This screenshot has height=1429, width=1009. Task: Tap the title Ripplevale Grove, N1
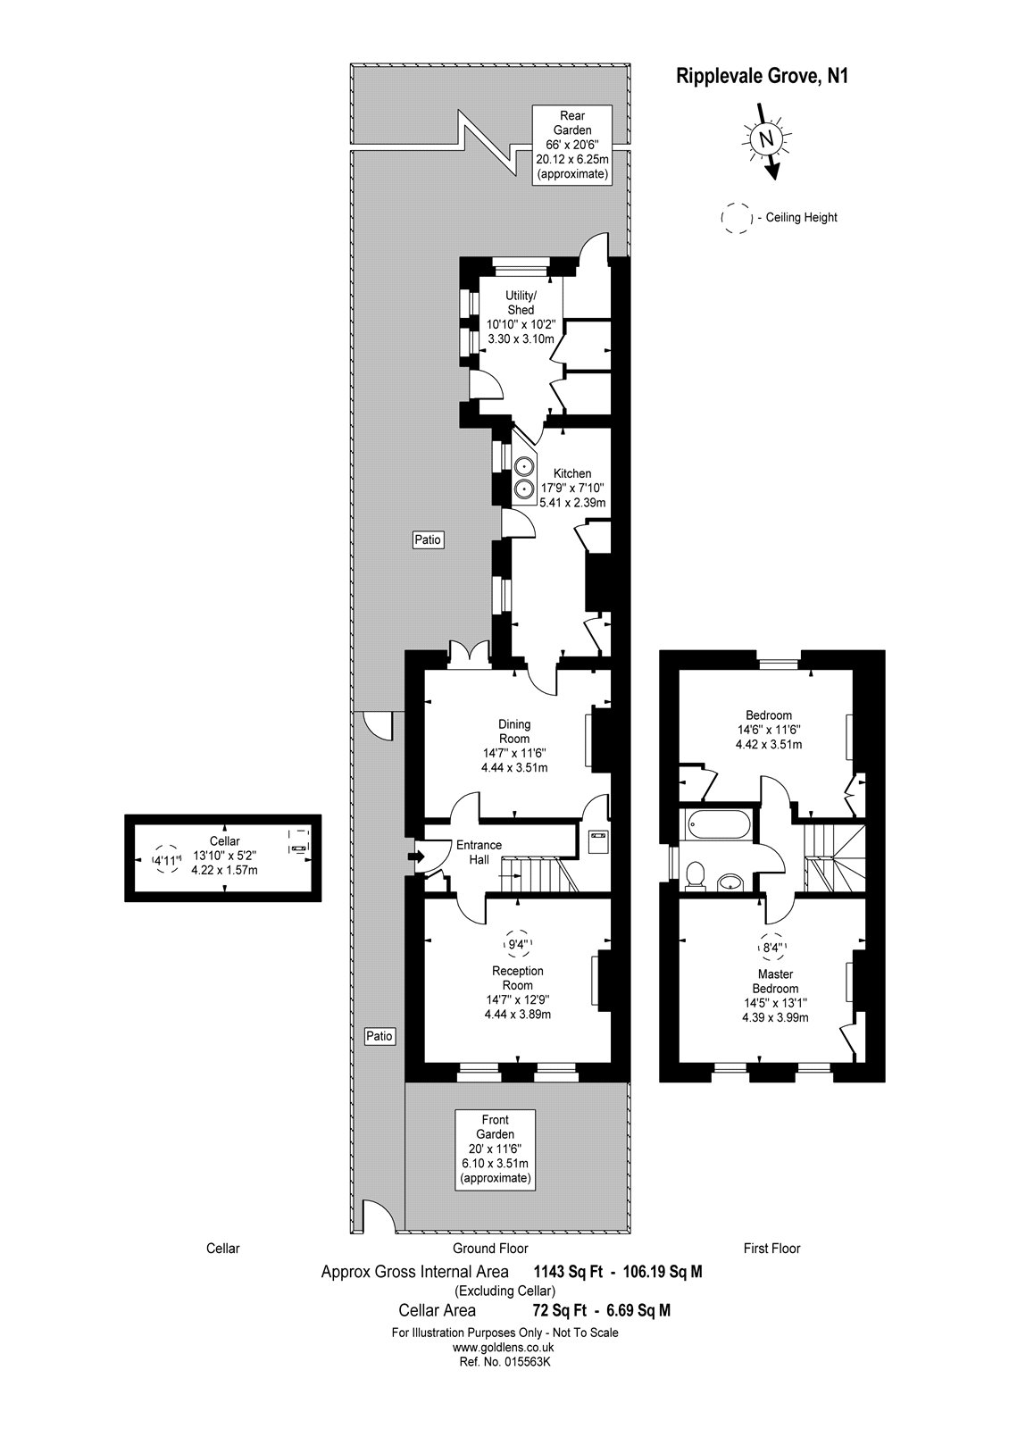coord(760,77)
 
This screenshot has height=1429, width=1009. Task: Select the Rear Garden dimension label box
coord(571,145)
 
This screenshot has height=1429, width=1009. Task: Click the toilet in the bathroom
coord(694,874)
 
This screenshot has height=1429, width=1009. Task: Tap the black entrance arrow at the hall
coord(415,856)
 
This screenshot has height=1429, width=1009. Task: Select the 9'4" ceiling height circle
coord(518,943)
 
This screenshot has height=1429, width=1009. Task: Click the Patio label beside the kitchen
coord(428,539)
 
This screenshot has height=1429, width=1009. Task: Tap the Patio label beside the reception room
coord(379,1036)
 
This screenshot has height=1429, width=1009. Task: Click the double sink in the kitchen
coord(522,477)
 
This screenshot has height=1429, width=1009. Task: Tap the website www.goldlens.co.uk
coord(504,1348)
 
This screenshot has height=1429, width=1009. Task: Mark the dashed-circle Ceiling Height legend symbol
coord(737,217)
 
